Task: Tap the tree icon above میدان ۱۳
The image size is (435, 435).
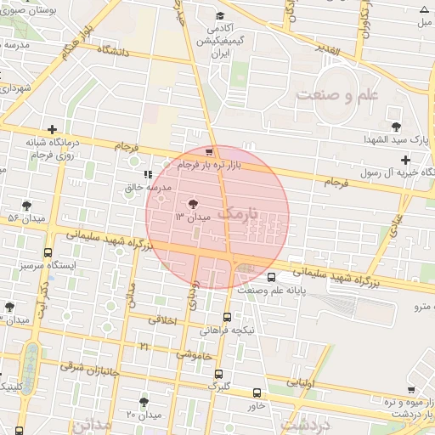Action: [x=192, y=203]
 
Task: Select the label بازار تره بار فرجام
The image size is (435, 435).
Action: [x=211, y=165]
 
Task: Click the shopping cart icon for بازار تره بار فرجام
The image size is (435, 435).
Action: [x=210, y=153]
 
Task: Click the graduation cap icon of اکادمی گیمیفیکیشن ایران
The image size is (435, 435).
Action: [x=220, y=15]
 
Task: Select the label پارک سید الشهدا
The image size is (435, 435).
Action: [x=398, y=138]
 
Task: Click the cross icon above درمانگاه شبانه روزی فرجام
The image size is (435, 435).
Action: [x=53, y=129]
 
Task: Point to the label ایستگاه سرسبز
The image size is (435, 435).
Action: [x=46, y=265]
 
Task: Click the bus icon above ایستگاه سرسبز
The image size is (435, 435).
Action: [x=47, y=253]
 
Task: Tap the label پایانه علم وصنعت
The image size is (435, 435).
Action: [x=272, y=290]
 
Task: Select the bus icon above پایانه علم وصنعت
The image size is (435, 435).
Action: [x=271, y=277]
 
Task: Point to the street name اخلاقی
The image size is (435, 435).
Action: [x=163, y=320]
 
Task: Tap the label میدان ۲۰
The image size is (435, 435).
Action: [x=144, y=414]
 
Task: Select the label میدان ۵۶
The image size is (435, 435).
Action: [x=25, y=218]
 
